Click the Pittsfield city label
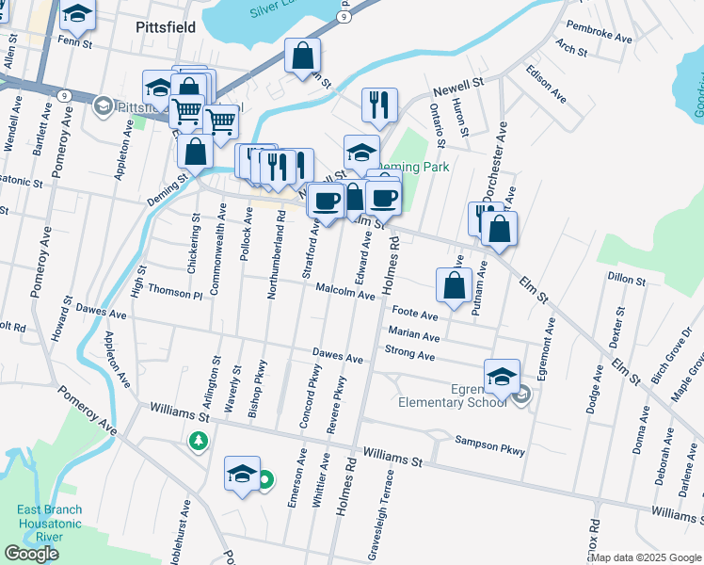pyautogui.click(x=165, y=27)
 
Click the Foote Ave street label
pyautogui.click(x=415, y=313)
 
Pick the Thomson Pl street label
pyautogui.click(x=175, y=294)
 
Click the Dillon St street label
pyautogui.click(x=627, y=280)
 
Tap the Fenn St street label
pyautogui.click(x=72, y=42)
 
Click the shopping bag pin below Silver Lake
pyautogui.click(x=302, y=56)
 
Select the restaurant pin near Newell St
pyautogui.click(x=379, y=106)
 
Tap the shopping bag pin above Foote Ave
pyautogui.click(x=454, y=285)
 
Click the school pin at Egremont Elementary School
pyautogui.click(x=502, y=377)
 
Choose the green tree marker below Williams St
pyautogui.click(x=198, y=440)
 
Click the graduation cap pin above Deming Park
pyautogui.click(x=361, y=153)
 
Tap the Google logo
pyautogui.click(x=31, y=554)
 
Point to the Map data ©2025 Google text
pyautogui.click(x=647, y=557)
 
